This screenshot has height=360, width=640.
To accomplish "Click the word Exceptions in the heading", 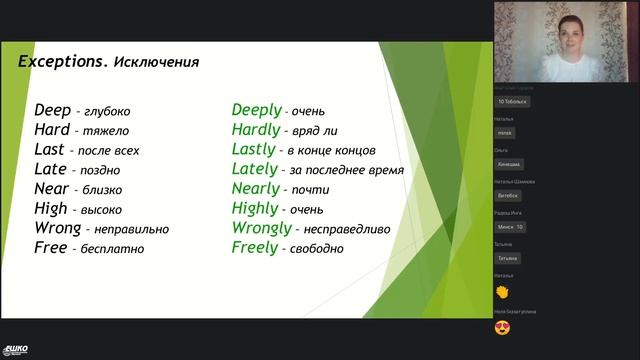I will [x=63, y=61].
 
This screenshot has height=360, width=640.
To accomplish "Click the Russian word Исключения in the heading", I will [x=156, y=62].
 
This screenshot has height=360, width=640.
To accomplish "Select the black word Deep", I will [x=52, y=110].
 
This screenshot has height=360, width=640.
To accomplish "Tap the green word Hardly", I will [x=255, y=130].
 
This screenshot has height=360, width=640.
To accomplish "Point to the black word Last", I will [x=49, y=149].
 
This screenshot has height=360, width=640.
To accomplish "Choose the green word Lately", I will [x=254, y=169].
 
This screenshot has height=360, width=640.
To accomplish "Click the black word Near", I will [x=51, y=189].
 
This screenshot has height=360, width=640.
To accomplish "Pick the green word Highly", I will [x=255, y=208].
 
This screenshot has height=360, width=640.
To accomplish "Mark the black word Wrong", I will [x=57, y=228].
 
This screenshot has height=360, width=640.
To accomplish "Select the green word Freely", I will [x=254, y=247].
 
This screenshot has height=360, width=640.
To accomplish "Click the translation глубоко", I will [x=109, y=112].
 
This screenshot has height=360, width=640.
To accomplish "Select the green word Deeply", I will [x=257, y=110].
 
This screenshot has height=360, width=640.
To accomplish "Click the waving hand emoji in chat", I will [x=503, y=291].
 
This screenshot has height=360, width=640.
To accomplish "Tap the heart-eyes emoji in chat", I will [x=503, y=327].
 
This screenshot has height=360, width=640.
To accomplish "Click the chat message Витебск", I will [x=509, y=195].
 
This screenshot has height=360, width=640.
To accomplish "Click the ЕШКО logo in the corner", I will [x=16, y=349].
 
